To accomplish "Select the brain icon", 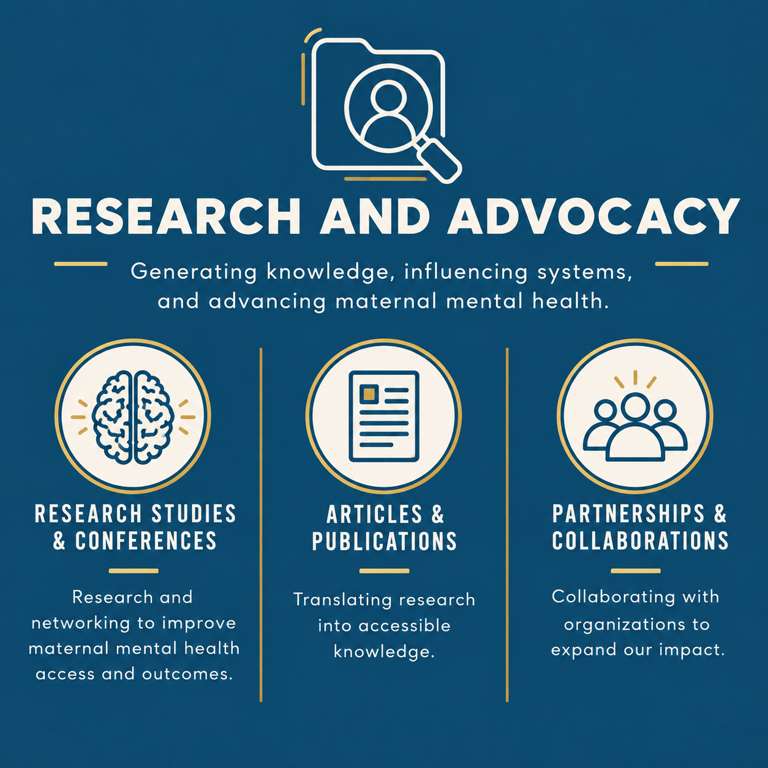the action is point(133,417).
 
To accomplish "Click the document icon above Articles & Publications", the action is point(384,416).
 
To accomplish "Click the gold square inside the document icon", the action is point(369,394).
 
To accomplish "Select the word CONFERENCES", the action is point(146,541).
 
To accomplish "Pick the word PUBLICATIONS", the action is point(384,541).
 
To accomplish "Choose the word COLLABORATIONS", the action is point(640,540).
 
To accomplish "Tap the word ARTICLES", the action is point(374,514).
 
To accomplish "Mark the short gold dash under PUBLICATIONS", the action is point(384,571).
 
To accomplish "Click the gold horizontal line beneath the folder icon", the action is point(385,179).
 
